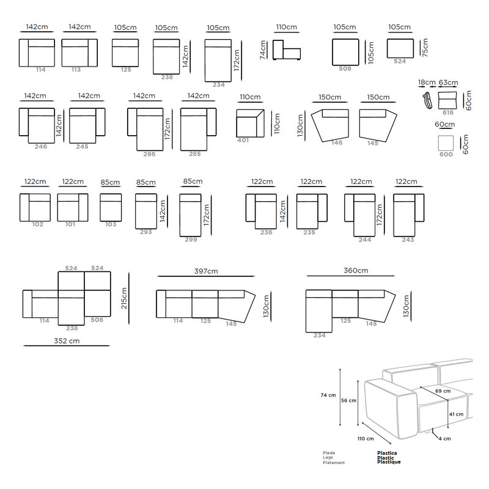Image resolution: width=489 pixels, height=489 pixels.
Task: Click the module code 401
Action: coord(243,141)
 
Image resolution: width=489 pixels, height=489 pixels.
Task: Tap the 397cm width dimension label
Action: coord(206,271)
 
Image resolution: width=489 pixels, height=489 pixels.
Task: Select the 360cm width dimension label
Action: coord(356,270)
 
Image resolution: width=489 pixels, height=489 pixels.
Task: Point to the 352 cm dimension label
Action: coord(67,341)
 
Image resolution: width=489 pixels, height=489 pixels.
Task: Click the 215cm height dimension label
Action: coord(124,298)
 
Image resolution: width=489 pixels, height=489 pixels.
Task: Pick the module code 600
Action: coord(446,155)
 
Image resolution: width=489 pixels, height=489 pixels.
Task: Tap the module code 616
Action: coord(448,112)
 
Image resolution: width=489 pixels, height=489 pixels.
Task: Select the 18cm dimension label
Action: coord(427,83)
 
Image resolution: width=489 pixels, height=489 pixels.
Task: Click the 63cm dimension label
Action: coord(448,83)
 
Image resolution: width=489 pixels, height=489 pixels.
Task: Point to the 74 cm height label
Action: coord(328,395)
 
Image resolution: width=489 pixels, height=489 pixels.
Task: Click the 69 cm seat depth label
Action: coord(443,391)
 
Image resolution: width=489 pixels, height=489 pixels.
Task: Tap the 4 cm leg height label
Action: coord(445,438)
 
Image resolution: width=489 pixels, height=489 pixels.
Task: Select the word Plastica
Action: coord(387,453)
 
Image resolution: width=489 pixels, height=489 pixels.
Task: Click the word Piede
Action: coord(329,453)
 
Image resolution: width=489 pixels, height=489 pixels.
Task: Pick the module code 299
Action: coord(191,240)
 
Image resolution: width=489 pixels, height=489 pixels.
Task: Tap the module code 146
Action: coord(337,143)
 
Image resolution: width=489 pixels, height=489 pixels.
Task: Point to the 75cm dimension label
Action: coord(425,48)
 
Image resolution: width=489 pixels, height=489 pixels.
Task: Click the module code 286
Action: coord(149,154)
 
